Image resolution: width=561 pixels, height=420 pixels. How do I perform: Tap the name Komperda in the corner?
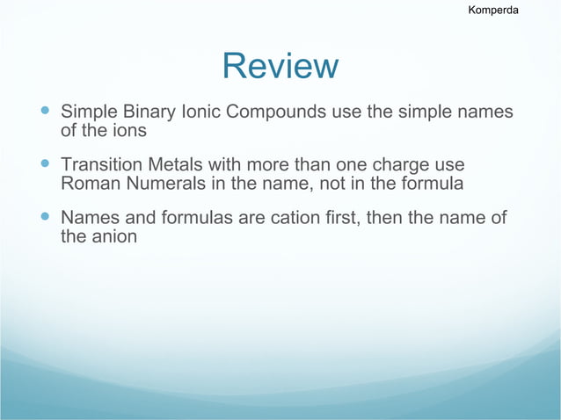492,11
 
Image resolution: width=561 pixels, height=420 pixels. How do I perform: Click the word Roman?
89,185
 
